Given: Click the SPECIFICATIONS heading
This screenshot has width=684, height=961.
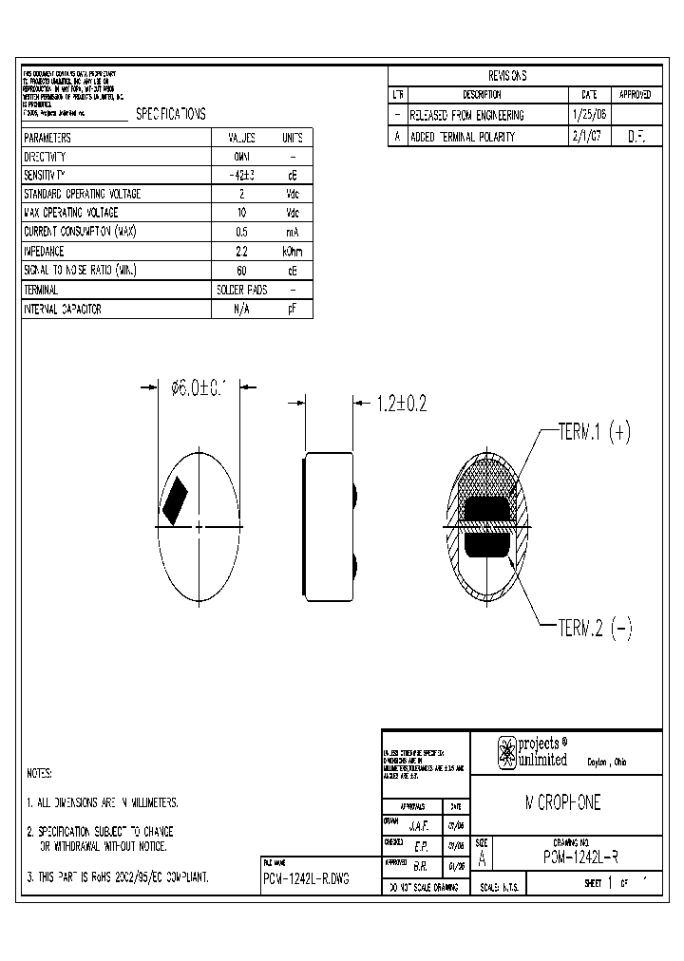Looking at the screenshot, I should [x=170, y=114].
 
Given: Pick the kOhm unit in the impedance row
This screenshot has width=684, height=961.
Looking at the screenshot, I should [x=293, y=251].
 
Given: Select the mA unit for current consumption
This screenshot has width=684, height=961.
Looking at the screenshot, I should [x=293, y=232].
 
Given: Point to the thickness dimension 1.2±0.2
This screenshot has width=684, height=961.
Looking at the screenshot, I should [x=401, y=404].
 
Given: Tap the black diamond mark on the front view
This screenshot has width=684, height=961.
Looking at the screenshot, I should [x=178, y=500].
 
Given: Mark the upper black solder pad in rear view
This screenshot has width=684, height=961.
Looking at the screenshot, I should [x=488, y=510].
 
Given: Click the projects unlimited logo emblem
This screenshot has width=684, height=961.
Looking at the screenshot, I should [x=508, y=752].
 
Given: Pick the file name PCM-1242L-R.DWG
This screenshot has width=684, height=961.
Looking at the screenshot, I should [x=306, y=879].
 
